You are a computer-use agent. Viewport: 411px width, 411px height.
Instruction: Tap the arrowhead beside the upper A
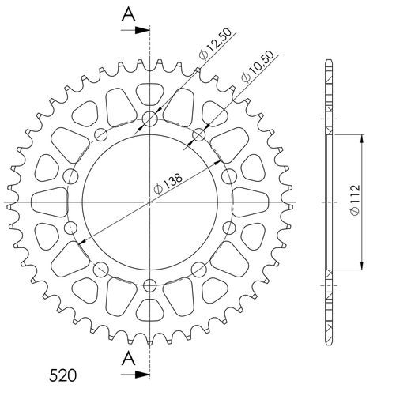pyautogui.click(x=144, y=31)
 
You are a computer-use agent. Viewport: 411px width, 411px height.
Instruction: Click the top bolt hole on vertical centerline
pyautogui.click(x=150, y=121)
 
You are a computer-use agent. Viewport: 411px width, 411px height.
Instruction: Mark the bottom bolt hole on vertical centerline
pyautogui.click(x=150, y=285)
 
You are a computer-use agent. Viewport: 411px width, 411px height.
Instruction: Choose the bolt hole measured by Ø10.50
pyautogui.click(x=198, y=135)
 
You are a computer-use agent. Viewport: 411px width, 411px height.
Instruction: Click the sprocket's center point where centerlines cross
pyautogui.click(x=150, y=203)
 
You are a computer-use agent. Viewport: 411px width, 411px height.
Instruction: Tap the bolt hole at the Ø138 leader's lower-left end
pyautogui.click(x=72, y=229)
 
